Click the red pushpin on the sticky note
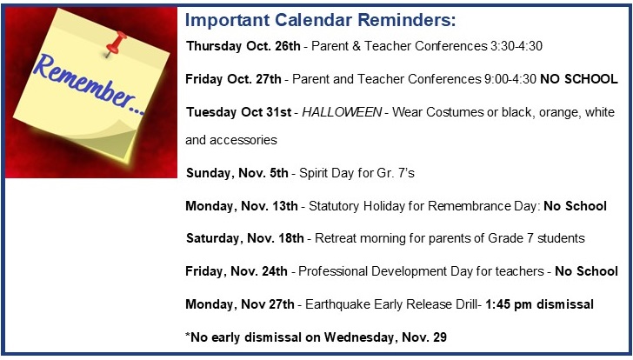(x=116, y=43)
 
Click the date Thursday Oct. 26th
(x=243, y=46)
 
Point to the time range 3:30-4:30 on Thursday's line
(x=516, y=46)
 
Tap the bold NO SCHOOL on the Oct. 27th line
(x=579, y=79)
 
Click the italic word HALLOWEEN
(x=342, y=112)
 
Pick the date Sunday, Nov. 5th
(x=237, y=173)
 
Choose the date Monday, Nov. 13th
(x=242, y=206)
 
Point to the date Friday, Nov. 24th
(x=237, y=271)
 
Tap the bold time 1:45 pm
(x=509, y=304)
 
